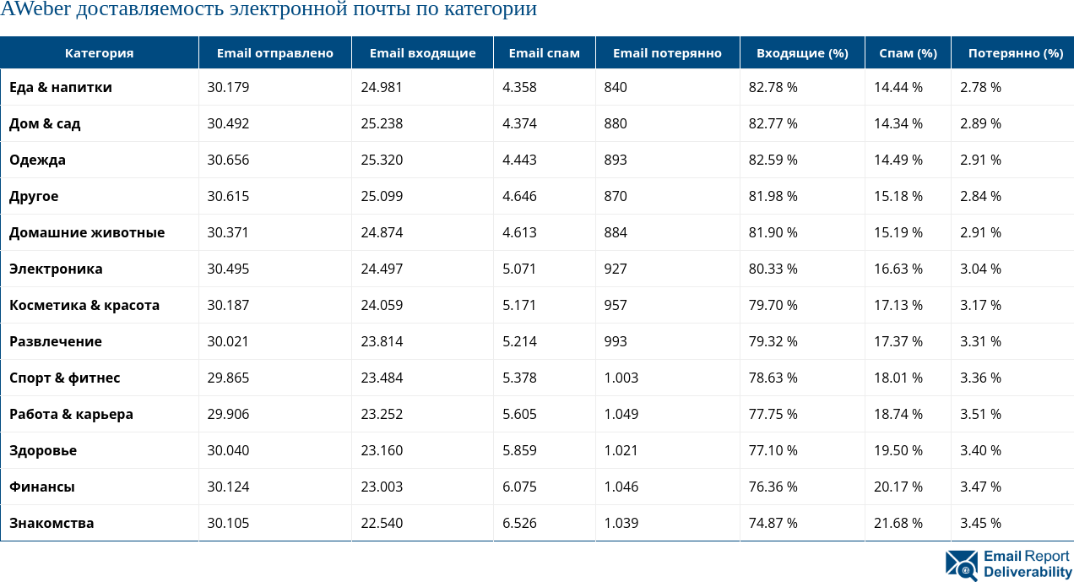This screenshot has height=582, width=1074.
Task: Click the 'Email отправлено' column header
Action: tap(274, 53)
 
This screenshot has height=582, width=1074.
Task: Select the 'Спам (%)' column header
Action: tap(908, 53)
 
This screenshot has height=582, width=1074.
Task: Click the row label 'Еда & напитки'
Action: tap(61, 87)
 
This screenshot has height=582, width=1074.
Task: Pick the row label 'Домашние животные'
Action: tap(87, 232)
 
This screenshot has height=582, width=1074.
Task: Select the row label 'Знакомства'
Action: tap(52, 523)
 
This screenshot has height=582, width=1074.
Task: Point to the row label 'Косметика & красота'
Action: tap(84, 305)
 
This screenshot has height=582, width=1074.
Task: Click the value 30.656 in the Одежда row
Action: tap(228, 160)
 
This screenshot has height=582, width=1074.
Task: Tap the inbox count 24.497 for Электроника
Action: tap(382, 269)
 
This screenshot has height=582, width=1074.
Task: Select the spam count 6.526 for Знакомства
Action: tap(519, 523)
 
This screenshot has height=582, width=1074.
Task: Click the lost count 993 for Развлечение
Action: tap(616, 341)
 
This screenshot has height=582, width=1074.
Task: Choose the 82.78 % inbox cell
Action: tap(773, 87)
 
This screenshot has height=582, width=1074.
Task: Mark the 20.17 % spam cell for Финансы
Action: tap(898, 487)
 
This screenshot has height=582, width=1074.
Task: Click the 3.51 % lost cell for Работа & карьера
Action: tap(980, 414)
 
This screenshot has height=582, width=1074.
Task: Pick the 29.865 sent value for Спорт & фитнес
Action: tap(228, 378)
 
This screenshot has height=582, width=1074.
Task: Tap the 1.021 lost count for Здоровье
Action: tap(621, 450)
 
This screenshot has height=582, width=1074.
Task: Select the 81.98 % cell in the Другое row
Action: tap(773, 196)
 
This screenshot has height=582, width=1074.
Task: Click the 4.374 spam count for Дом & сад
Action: tap(519, 123)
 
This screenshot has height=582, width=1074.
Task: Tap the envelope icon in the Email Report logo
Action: tap(961, 564)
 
